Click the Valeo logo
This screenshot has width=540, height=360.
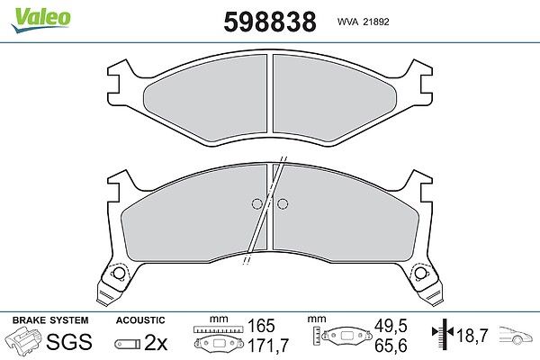tap(40, 20)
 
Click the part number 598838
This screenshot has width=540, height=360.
tap(270, 22)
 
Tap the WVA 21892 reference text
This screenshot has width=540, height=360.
tap(363, 22)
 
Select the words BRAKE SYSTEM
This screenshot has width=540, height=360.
tap(50, 320)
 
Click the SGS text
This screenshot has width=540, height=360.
tap(69, 341)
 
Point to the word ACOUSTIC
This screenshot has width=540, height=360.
tap(140, 320)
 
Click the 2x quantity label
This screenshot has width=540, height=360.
tap(156, 342)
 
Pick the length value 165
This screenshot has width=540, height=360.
tap(261, 326)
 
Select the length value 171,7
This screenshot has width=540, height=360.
tap(268, 346)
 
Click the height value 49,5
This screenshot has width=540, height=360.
tap(391, 326)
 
